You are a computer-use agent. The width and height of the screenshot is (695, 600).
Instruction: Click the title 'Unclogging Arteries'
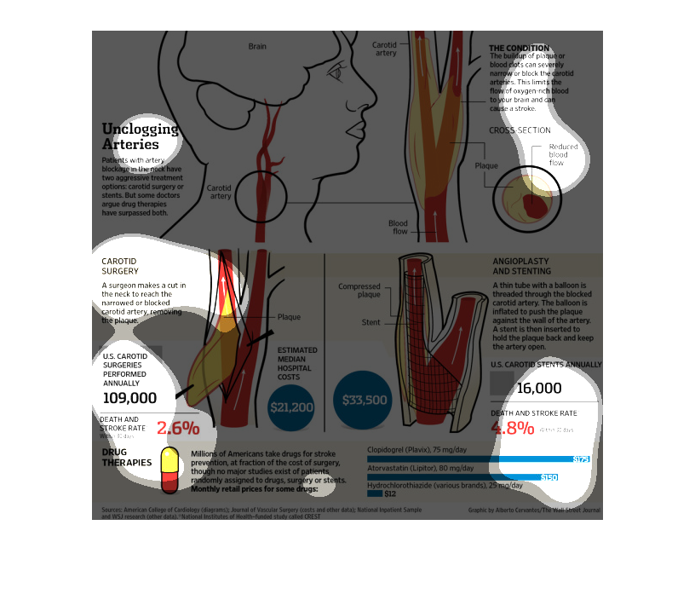coord(141,136)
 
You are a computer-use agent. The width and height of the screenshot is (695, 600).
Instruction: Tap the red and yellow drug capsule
coord(169,470)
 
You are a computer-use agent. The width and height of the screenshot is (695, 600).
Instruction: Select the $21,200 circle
coord(291,407)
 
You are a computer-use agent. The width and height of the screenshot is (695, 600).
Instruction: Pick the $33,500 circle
coord(365,400)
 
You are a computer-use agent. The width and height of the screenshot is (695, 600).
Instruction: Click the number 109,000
coord(129,398)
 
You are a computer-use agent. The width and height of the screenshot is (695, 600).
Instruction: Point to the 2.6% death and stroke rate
coord(178,428)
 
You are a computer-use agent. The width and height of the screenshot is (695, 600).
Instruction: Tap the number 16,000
coord(538,389)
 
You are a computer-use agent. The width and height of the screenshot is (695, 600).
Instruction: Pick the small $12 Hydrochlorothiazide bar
coord(375,493)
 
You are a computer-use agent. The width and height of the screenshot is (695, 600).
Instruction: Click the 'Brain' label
coord(257,46)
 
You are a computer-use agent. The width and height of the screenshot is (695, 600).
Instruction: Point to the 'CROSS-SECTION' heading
coord(520,130)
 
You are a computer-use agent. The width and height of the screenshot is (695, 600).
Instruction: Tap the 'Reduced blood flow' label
coord(563,154)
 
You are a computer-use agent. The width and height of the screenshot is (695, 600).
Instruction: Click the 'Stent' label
coord(370,323)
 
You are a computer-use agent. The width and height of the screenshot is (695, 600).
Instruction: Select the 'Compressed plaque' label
coord(359,291)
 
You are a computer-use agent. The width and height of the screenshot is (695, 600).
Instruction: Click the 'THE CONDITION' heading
coord(519,48)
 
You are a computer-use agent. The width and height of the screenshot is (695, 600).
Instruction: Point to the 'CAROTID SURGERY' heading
coord(119,266)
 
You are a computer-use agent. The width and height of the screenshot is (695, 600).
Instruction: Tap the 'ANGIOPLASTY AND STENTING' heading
coord(521,266)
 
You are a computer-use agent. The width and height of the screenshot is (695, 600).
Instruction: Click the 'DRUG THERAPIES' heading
coord(127,458)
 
